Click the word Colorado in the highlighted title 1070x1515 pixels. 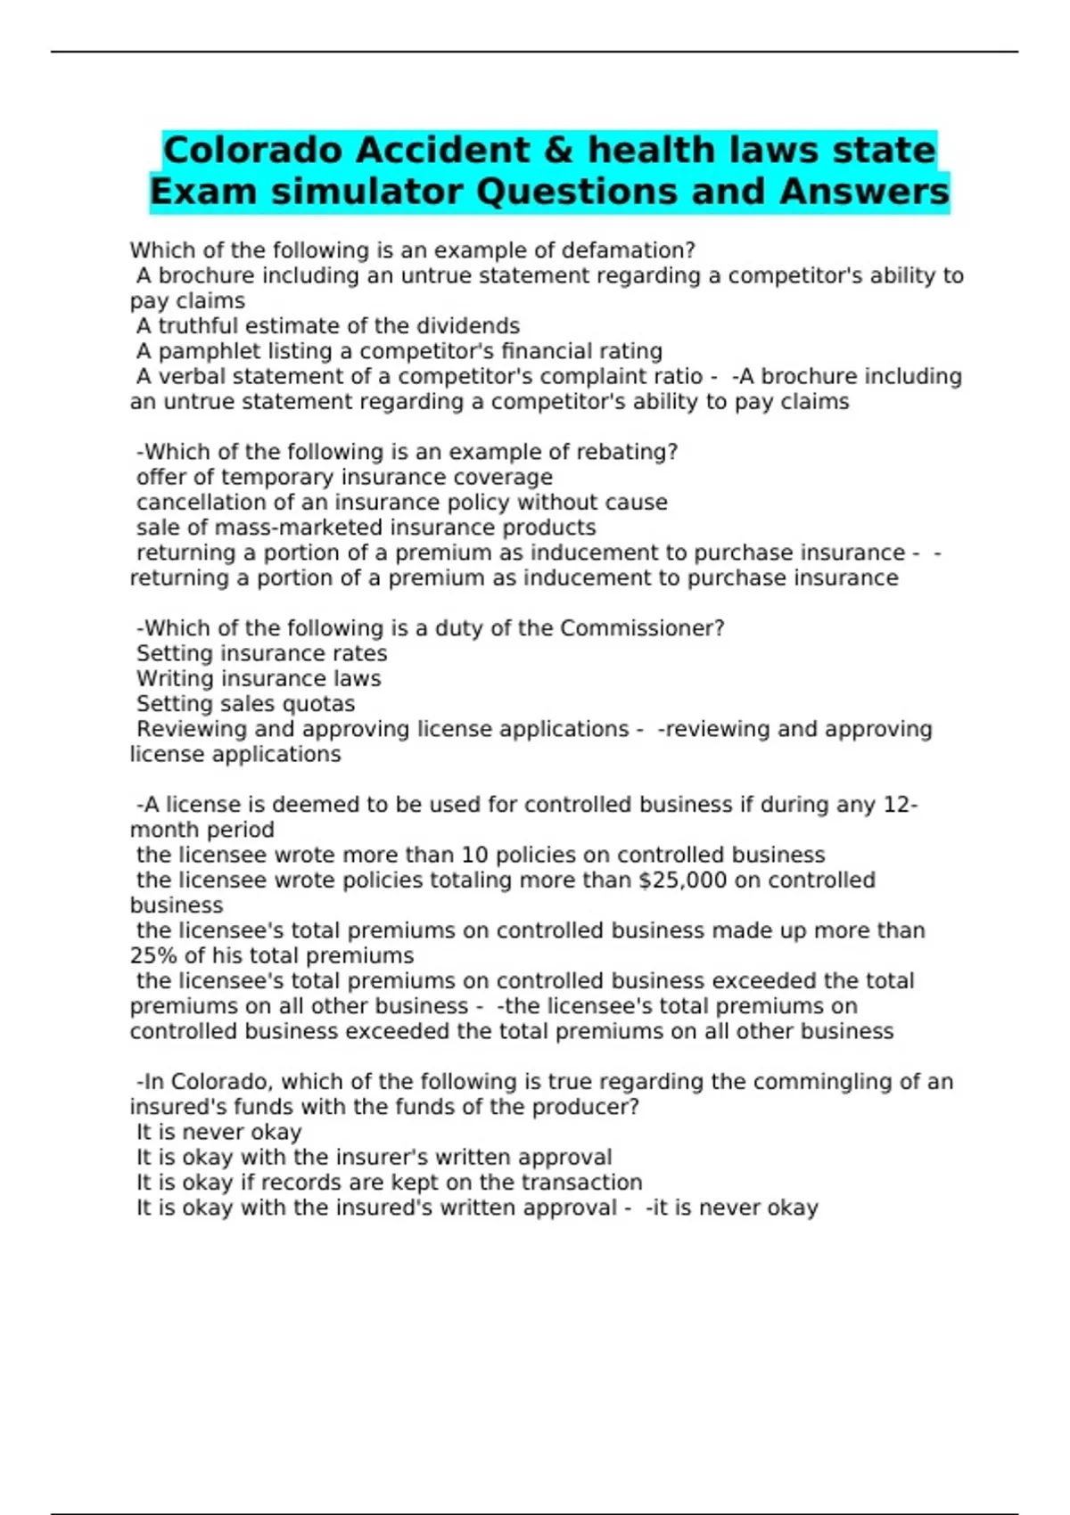(x=254, y=151)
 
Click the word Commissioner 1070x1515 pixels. (x=640, y=628)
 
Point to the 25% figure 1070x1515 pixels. (x=153, y=956)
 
